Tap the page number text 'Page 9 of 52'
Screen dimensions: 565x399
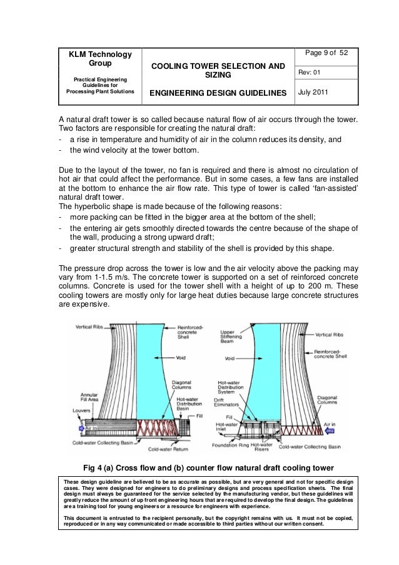[x=327, y=52]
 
